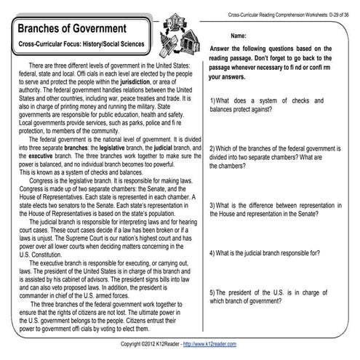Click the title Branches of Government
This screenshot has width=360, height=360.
pos(80,28)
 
